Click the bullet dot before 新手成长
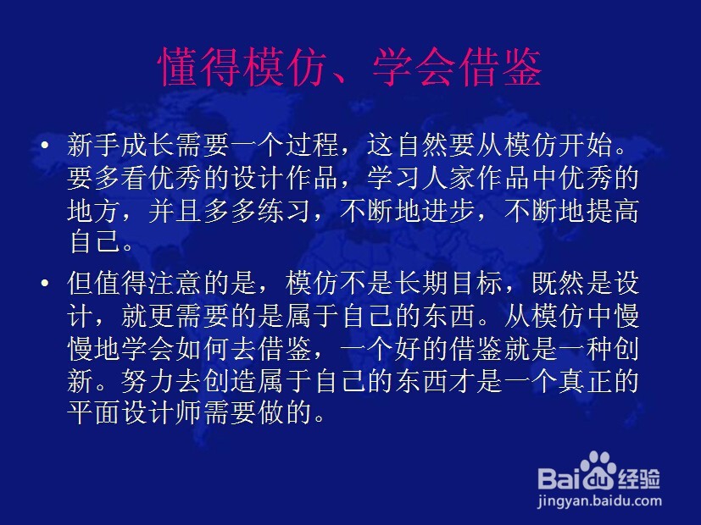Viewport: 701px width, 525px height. pos(45,145)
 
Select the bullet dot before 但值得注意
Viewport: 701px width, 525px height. pos(45,283)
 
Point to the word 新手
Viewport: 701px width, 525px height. pos(94,145)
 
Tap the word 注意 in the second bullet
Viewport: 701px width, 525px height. pos(175,283)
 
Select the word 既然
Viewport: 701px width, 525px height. pos(559,283)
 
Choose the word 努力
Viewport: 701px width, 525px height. pos(148,381)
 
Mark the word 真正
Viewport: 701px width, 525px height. pos(586,381)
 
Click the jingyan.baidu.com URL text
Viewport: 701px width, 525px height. pos(599,501)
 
